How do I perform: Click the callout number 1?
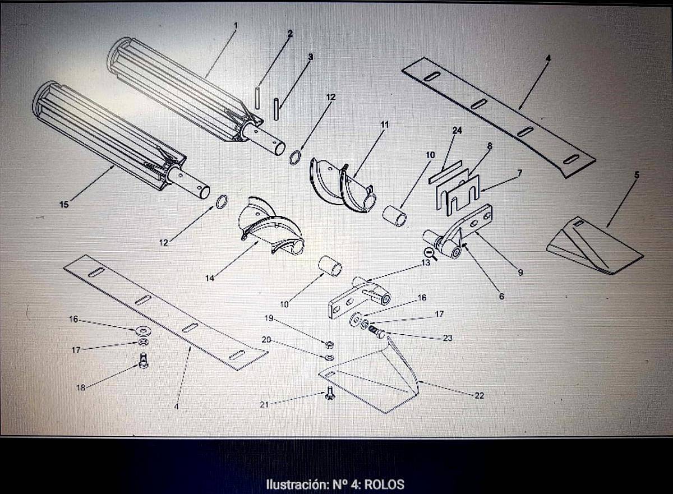236,26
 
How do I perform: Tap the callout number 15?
64,205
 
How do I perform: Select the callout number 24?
457,130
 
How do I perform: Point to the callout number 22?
479,395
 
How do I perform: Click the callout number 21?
264,405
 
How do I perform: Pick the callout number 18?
81,387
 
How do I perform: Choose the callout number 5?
637,175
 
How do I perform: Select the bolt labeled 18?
144,361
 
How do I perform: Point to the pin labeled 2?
257,98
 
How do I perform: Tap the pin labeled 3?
276,109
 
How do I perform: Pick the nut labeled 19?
330,344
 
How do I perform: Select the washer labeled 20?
330,357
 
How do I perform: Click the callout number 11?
385,124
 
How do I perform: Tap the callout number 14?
210,278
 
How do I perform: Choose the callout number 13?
426,263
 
